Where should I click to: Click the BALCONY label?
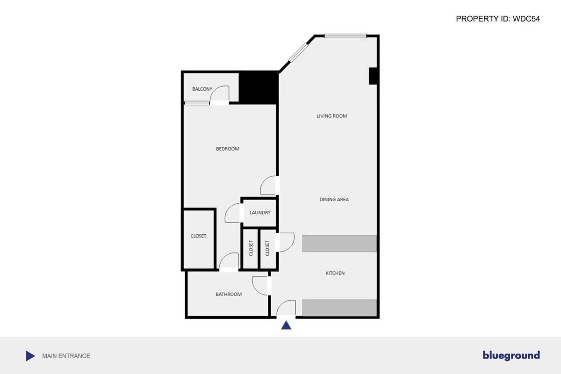(x=202, y=89)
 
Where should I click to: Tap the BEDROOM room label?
(x=227, y=149)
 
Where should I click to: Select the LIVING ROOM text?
(x=332, y=116)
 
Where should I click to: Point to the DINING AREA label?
(x=334, y=200)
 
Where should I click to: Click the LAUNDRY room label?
(x=260, y=213)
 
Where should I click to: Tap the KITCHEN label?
(x=335, y=273)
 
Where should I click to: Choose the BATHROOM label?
(x=229, y=294)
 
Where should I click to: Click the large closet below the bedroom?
(x=198, y=236)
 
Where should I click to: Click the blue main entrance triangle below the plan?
(x=287, y=325)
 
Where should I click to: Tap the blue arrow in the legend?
(x=30, y=356)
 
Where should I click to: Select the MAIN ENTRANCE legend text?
(x=66, y=356)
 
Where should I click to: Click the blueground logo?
(x=511, y=356)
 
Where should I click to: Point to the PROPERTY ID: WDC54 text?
(x=498, y=19)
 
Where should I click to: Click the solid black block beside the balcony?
(x=259, y=87)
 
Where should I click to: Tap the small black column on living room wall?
(x=373, y=76)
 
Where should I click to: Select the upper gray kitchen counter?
(x=339, y=244)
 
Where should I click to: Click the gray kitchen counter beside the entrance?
(x=339, y=308)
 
